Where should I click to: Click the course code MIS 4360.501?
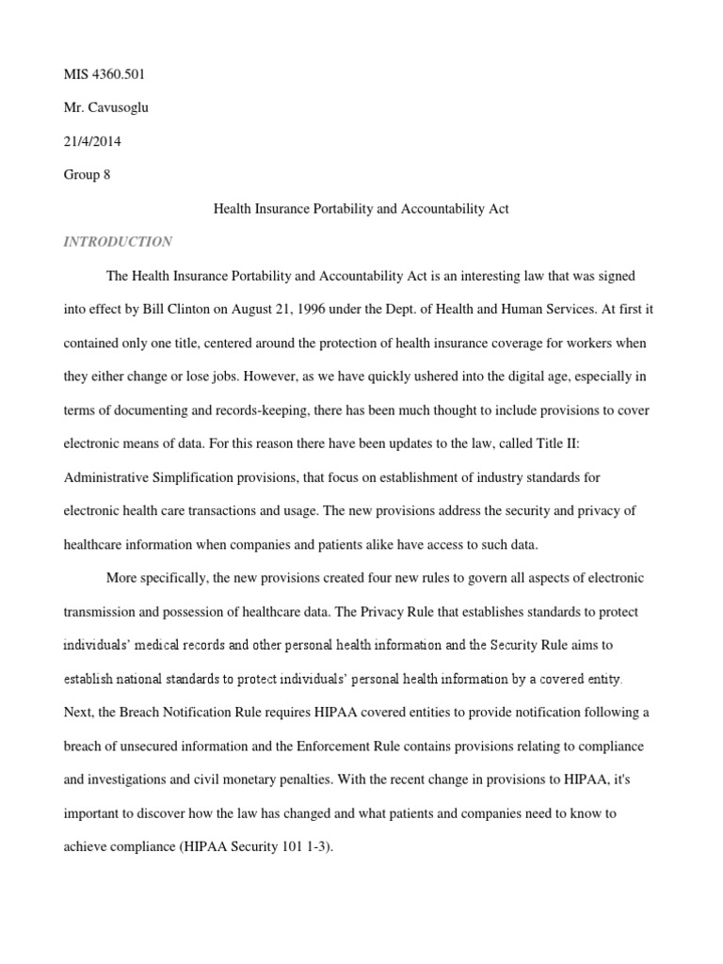[104, 73]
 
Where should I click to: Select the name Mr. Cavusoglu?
[105, 107]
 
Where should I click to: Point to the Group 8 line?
[87, 175]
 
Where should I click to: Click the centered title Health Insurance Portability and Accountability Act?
[361, 209]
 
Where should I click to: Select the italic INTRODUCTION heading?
[118, 242]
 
